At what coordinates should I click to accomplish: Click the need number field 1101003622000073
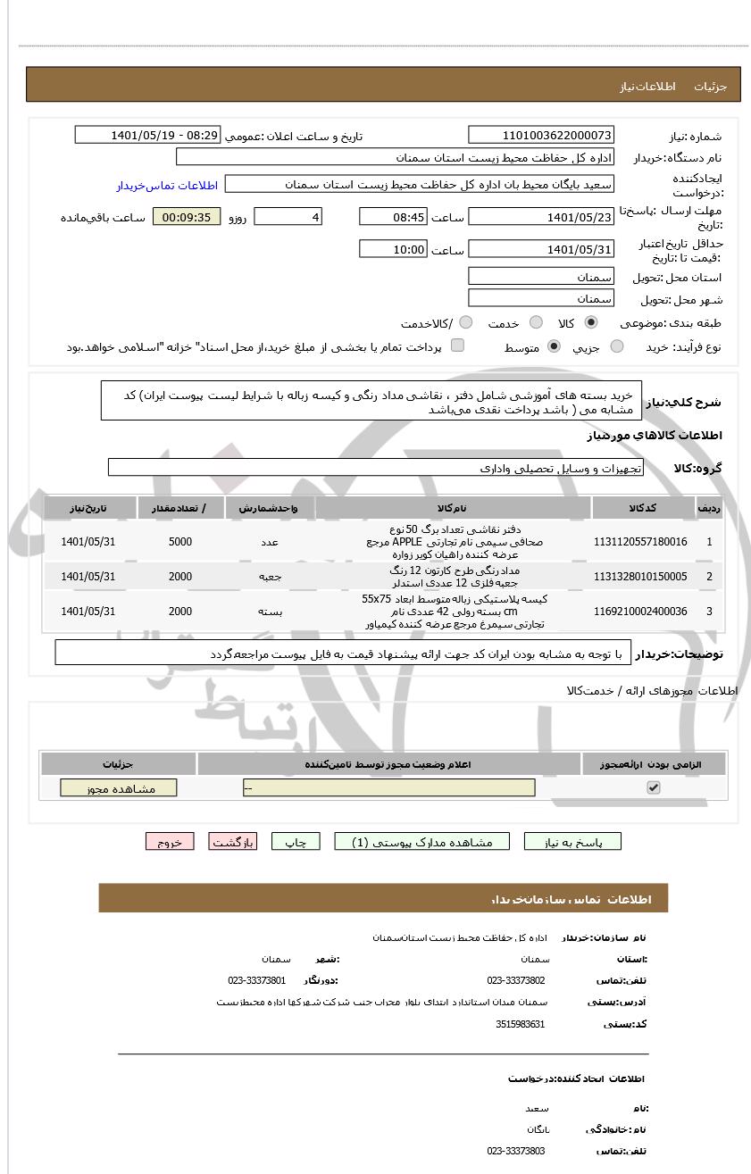coord(541,136)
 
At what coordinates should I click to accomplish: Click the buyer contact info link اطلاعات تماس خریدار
coord(167,186)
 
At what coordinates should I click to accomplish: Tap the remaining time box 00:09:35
coord(187,217)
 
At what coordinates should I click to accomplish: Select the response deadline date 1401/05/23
coord(541,217)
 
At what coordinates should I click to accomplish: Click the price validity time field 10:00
coord(393,249)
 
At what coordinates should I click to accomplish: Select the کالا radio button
coord(590,323)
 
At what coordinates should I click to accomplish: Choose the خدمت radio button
coord(536,323)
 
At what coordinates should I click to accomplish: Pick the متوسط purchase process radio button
coord(554,346)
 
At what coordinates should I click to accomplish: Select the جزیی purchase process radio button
coord(617,346)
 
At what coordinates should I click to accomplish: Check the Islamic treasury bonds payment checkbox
coord(457,346)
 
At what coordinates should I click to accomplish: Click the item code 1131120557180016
coord(640,542)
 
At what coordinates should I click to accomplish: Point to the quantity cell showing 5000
coord(180,542)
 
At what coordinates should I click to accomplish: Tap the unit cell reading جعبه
coord(270,577)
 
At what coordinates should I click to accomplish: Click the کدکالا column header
coord(643,508)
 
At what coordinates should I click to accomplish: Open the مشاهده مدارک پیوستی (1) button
coord(421,842)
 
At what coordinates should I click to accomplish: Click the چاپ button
coord(296,842)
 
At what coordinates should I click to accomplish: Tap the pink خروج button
coord(170,842)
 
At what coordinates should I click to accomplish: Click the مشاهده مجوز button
coord(119,788)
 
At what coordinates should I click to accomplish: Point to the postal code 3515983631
coord(520,1024)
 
